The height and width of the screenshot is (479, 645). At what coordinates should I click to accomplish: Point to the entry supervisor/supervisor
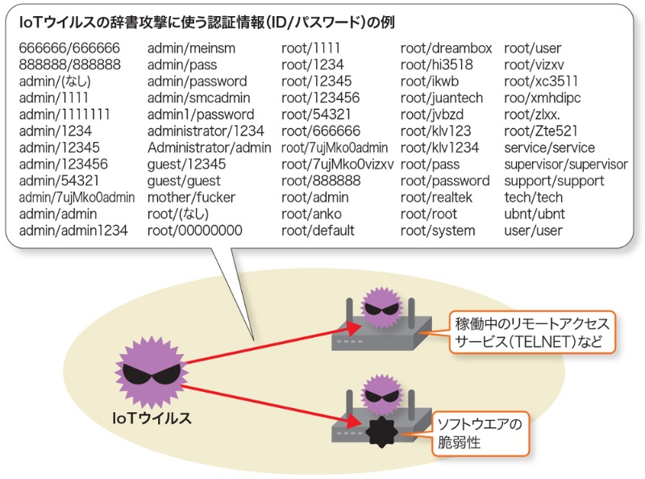coord(565,165)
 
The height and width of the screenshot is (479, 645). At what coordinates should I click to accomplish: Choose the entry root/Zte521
coord(540,131)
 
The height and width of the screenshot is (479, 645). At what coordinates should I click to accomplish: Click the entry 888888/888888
coord(70,65)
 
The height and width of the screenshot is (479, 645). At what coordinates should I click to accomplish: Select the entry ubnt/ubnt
coord(533,215)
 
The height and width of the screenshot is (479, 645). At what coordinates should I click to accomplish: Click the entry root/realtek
coord(436,198)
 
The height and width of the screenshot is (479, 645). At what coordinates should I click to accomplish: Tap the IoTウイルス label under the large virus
coord(152,419)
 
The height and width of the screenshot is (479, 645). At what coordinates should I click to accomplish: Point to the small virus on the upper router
coord(379,308)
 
